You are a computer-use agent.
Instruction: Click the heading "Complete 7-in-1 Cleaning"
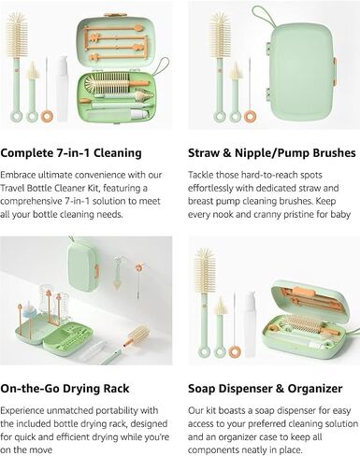coord(71,153)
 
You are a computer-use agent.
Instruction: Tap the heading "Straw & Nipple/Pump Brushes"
coord(272,153)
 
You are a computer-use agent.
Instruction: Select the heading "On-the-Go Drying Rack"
coord(65,389)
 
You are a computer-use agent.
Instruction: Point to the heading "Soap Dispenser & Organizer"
coord(266,389)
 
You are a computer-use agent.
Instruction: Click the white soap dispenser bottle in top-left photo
coord(62,89)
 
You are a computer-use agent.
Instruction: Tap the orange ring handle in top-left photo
coord(47,116)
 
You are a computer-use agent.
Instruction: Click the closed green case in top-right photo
coord(302,72)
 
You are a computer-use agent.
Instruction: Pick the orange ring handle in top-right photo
coord(250,116)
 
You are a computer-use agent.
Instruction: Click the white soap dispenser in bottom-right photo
coord(251,324)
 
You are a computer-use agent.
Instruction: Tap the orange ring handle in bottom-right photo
coord(235,351)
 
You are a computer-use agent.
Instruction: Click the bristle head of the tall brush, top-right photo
coord(220,35)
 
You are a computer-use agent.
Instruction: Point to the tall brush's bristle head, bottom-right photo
coord(205,270)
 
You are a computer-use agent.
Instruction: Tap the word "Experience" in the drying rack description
coord(22,410)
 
